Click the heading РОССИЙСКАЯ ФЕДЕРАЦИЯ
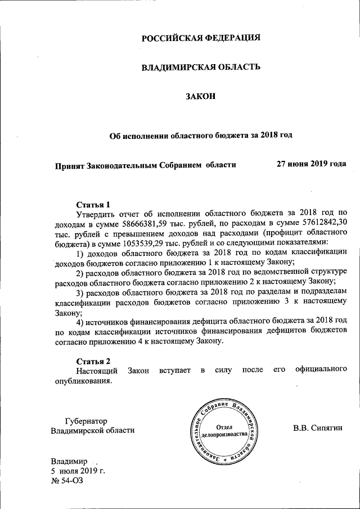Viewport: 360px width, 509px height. pyautogui.click(x=201, y=38)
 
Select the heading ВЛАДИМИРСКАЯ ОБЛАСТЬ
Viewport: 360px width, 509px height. pyautogui.click(x=201, y=67)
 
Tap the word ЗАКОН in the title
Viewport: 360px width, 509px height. pyautogui.click(x=201, y=97)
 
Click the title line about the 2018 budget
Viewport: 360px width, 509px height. pyautogui.click(x=201, y=135)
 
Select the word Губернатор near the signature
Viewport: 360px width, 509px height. pyautogui.click(x=85, y=421)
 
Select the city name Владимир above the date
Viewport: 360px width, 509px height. pyautogui.click(x=69, y=461)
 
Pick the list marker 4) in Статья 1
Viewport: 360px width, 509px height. pyautogui.click(x=80, y=321)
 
